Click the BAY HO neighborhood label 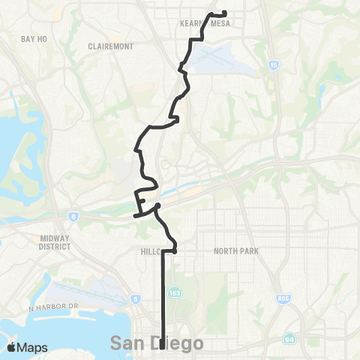coord(35,38)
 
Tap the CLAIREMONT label coord(110,46)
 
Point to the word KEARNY coord(192,23)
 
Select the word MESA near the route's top coord(220,23)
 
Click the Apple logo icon coord(12,346)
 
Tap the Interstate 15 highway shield coord(271,67)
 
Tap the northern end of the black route coord(226,12)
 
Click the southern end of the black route coord(163,346)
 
